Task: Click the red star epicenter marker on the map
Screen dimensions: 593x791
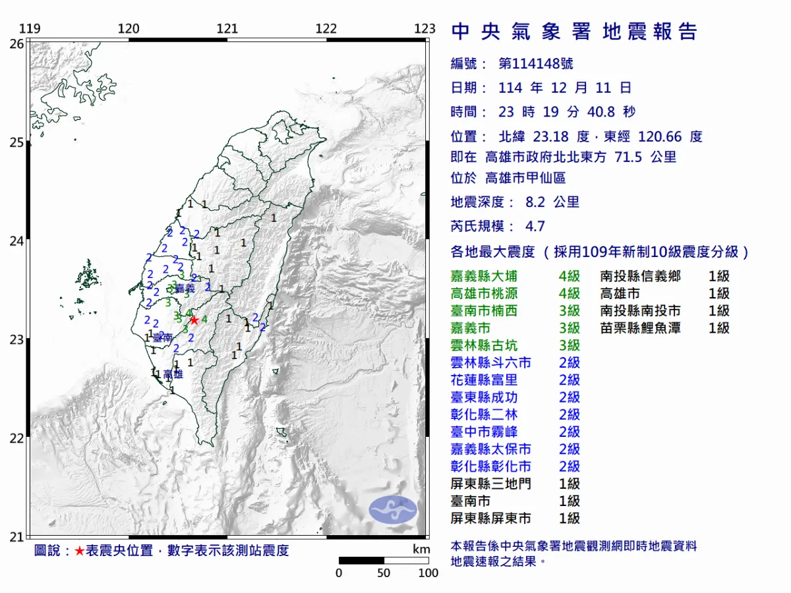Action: [194, 320]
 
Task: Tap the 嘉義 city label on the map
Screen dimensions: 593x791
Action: [185, 289]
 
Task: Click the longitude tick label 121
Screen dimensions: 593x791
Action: [227, 29]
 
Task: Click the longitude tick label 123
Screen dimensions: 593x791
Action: [426, 29]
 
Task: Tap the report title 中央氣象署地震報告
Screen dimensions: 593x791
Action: [573, 32]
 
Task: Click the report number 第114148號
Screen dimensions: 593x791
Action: [535, 64]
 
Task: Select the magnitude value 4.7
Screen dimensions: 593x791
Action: [535, 227]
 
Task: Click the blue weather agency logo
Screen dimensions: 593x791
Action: [393, 509]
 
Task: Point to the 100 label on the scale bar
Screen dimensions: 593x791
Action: [428, 573]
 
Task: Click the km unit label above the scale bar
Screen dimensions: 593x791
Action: [421, 550]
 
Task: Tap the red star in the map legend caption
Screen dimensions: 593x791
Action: [79, 551]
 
